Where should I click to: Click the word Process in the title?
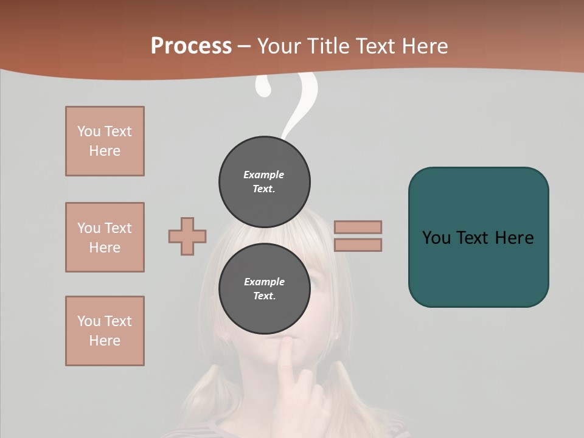[191, 46]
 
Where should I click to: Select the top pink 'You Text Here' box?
[105, 141]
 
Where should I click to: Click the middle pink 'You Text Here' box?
[105, 237]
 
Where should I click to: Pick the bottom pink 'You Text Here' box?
[105, 331]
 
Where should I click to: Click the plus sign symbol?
[187, 236]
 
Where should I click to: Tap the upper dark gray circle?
[265, 182]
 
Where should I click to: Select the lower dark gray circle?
[265, 289]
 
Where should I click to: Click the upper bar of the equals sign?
[358, 227]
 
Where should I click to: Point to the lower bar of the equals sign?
[358, 245]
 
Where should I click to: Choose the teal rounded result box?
[478, 237]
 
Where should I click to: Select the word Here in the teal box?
[515, 238]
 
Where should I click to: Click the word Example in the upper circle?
[264, 175]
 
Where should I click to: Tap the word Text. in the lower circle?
[264, 296]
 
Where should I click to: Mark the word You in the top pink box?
[89, 131]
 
